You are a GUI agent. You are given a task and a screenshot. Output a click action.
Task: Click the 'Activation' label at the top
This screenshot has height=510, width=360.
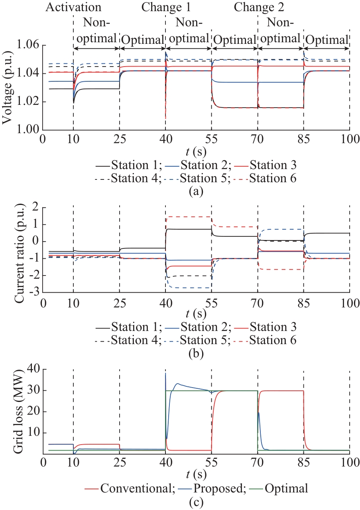[x=74, y=8]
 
